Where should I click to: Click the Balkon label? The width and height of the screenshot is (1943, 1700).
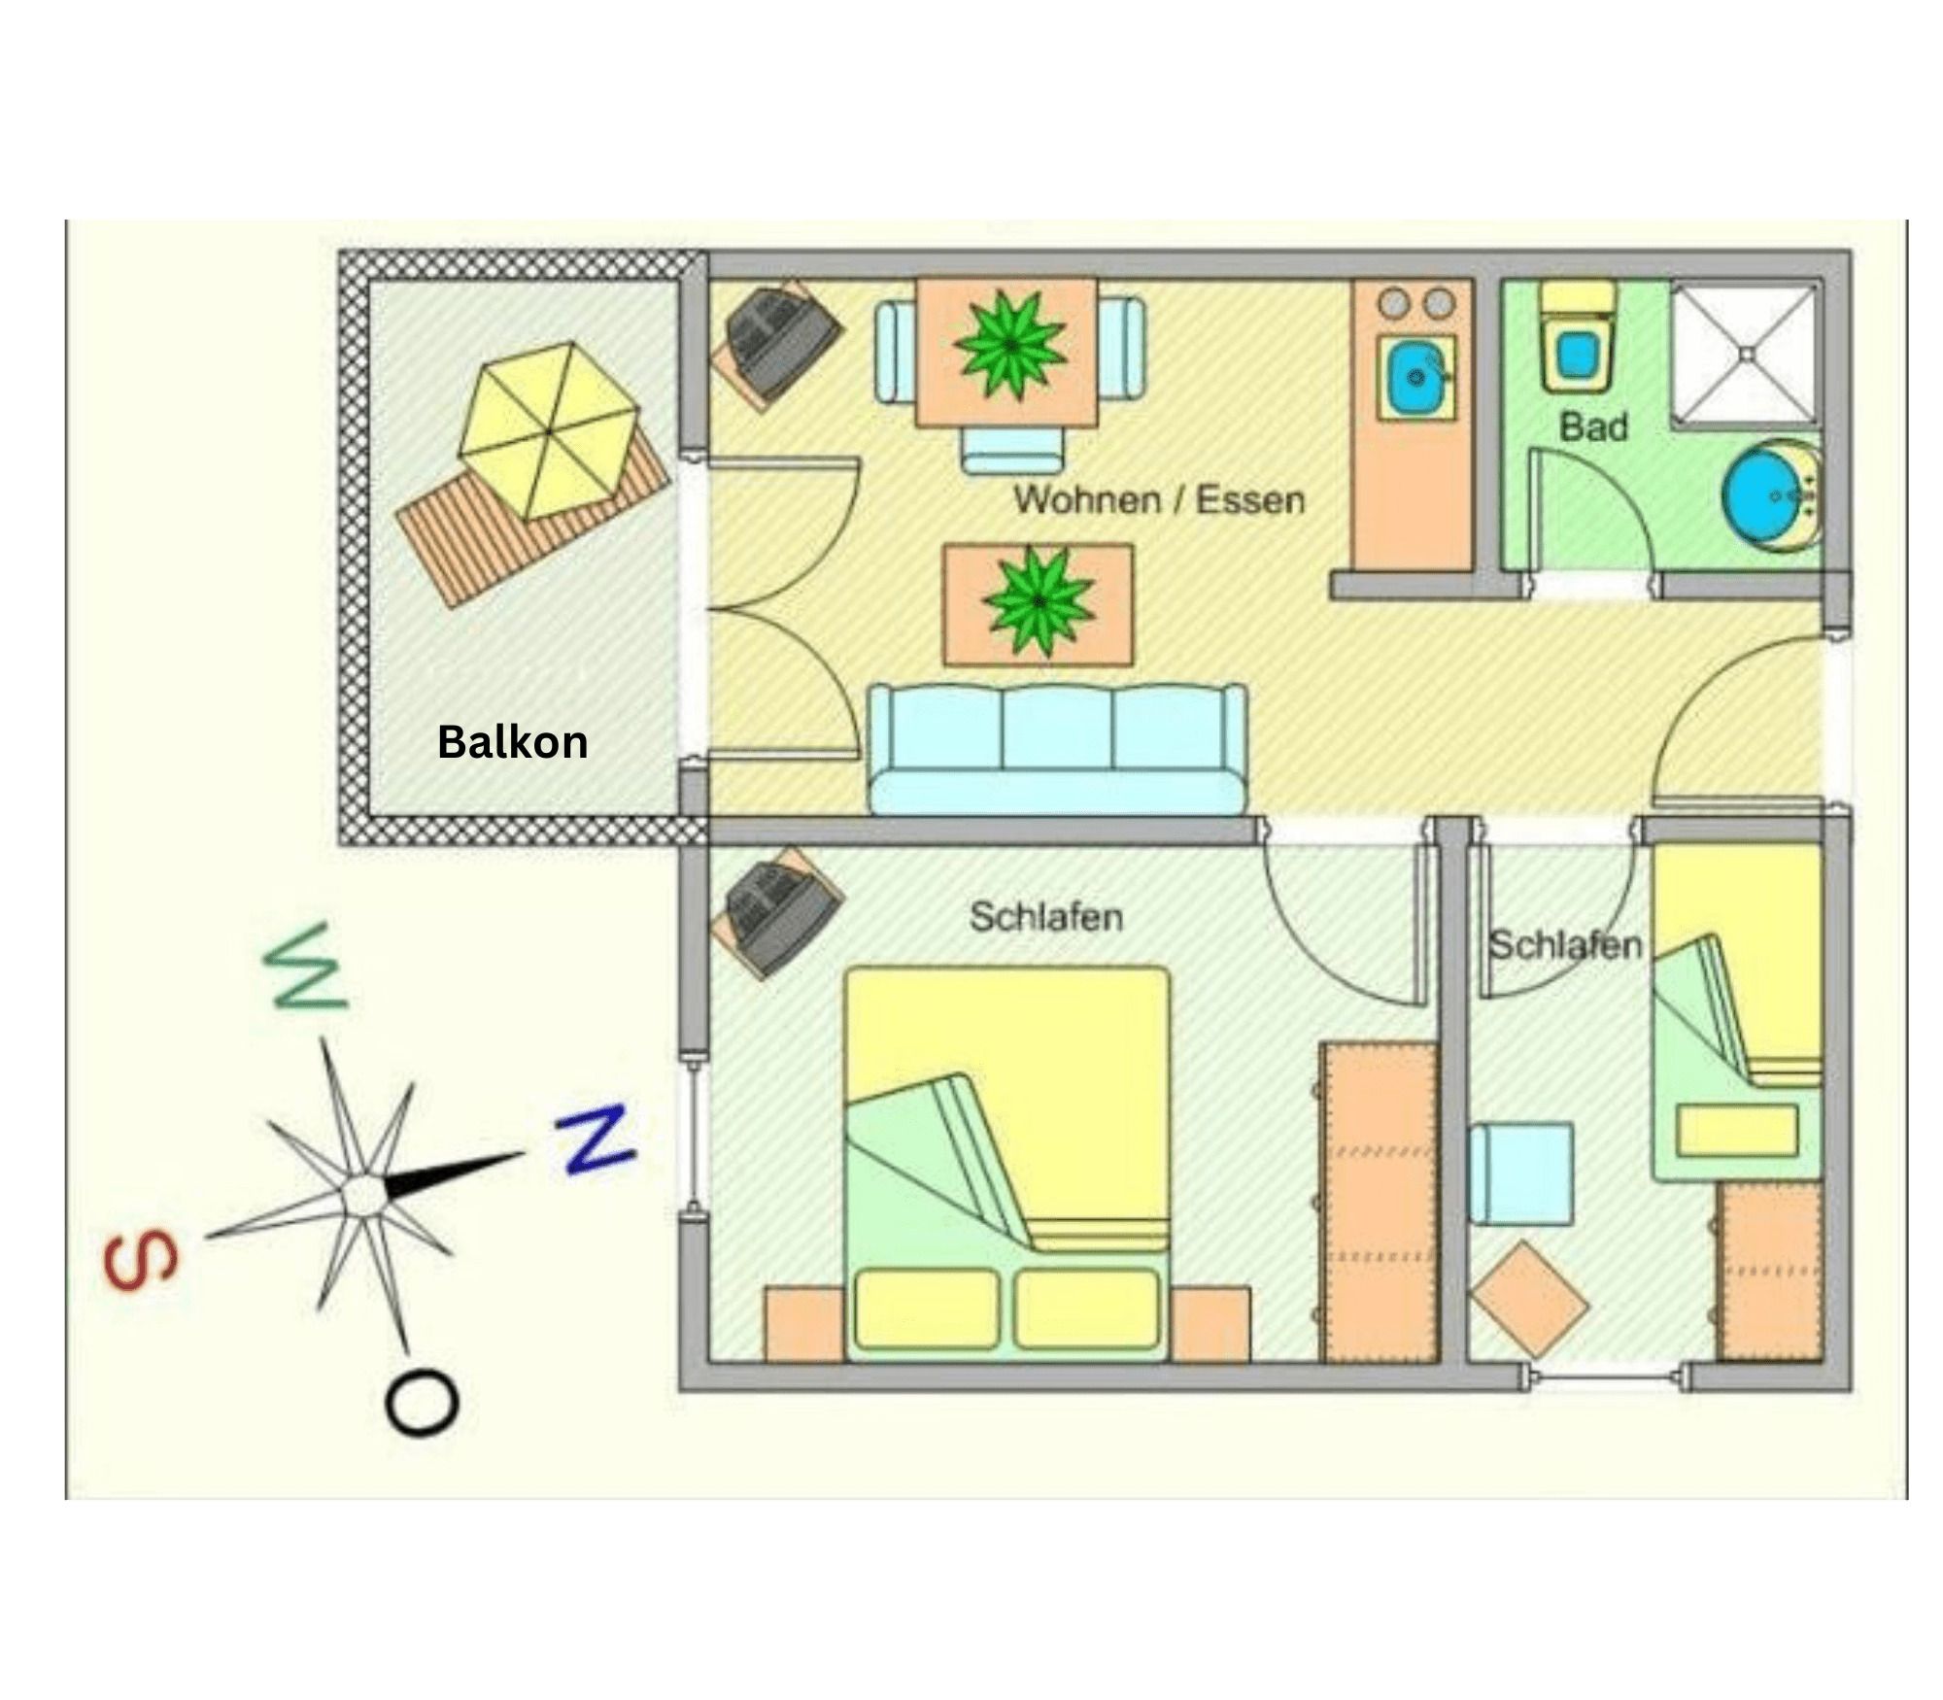tap(512, 742)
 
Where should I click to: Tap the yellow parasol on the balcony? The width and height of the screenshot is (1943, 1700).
tap(548, 430)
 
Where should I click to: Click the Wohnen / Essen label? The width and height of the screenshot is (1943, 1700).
tap(1159, 499)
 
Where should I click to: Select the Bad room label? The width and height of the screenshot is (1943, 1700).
tap(1593, 426)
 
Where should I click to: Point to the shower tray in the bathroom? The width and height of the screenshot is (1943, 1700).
tap(1744, 354)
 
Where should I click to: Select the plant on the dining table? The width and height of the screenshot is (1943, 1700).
tap(1009, 345)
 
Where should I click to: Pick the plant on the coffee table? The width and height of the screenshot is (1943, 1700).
tap(1039, 602)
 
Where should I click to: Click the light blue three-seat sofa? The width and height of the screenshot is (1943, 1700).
tap(1057, 749)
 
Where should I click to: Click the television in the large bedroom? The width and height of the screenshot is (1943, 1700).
tap(778, 912)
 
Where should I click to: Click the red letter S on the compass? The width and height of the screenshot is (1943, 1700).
tap(142, 1262)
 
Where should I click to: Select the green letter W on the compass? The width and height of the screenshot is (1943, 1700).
tap(306, 968)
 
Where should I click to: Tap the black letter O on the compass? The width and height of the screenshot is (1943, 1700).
tap(422, 1403)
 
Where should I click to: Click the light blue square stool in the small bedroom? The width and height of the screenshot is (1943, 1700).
tap(1521, 1173)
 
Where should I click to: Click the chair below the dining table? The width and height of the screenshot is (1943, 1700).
tap(1011, 452)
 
